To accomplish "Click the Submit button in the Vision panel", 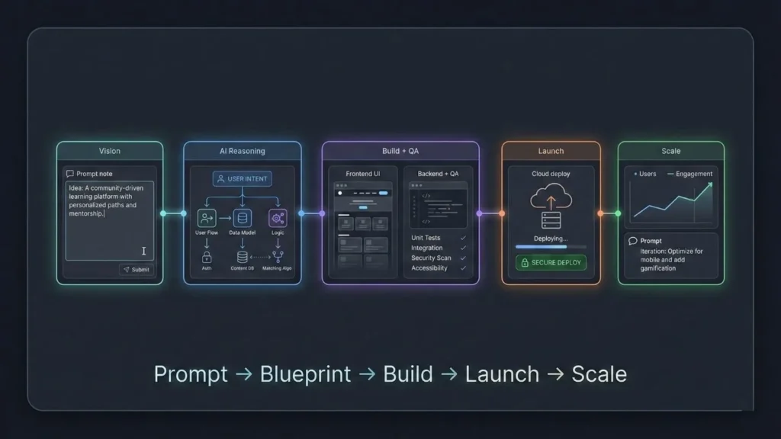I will coord(137,269).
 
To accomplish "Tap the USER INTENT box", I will coord(242,179).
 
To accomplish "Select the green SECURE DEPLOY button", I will coord(551,262).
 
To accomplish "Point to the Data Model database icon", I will coord(242,218).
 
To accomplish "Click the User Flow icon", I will coord(207,218).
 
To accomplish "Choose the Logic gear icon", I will coord(277,218).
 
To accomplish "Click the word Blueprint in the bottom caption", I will coord(305,374).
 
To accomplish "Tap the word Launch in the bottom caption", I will coord(500,374).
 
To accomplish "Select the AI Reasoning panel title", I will coord(242,151).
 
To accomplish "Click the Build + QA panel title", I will coord(400,151).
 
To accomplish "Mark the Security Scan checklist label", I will coord(431,258).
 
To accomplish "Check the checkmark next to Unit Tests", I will coord(463,238).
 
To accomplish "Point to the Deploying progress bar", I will coord(551,246).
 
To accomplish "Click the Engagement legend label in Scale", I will coord(693,174).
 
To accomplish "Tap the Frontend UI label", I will coord(364,174).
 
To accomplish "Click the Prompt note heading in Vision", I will coord(94,174).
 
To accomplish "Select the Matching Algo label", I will coord(277,268).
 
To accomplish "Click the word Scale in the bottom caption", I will coord(599,374).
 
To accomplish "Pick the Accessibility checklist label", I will coord(429,268).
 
